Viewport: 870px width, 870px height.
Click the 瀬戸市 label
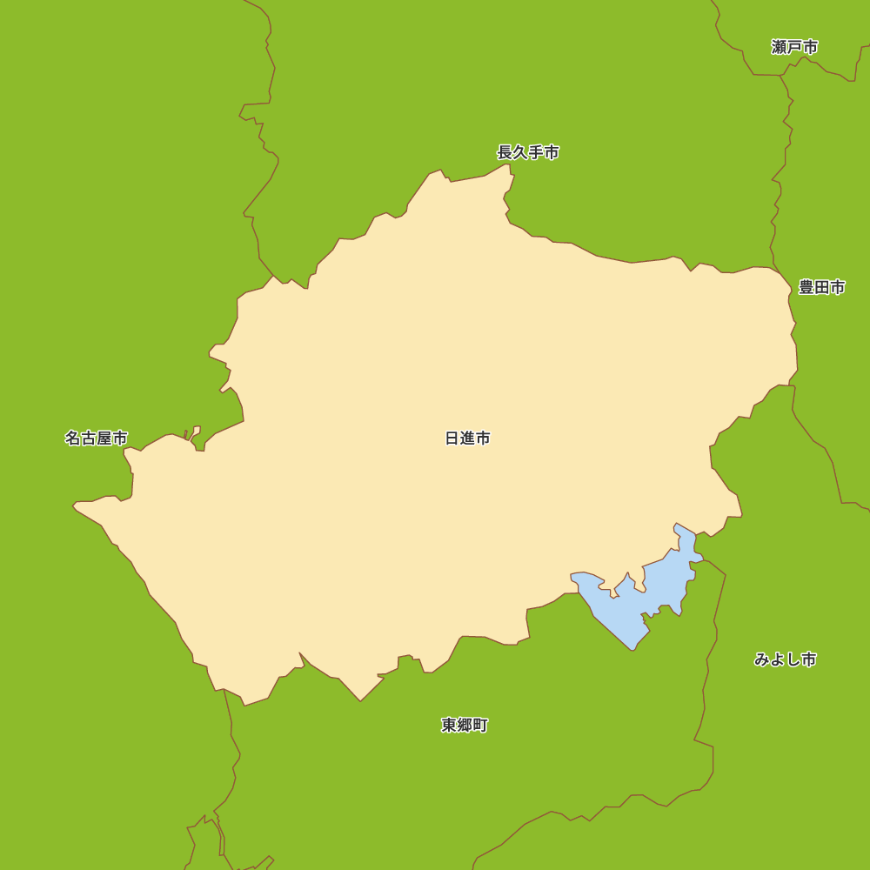coord(794,47)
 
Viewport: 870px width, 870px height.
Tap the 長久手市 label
coord(528,152)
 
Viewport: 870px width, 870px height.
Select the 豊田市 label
coord(821,287)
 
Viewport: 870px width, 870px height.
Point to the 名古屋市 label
coord(96,438)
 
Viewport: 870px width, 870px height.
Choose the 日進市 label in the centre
coord(467,438)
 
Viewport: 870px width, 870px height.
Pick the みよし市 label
coord(785,659)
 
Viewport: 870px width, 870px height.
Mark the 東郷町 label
coord(465,725)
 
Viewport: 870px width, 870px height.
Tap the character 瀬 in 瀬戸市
coord(779,47)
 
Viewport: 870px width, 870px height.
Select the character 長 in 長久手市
coord(505,152)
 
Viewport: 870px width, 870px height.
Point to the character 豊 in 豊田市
coord(806,287)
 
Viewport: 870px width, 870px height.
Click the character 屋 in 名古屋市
coord(104,438)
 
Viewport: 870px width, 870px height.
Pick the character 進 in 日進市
coord(467,438)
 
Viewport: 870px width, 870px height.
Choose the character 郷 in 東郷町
coord(465,725)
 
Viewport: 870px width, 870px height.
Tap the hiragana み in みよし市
coord(762,659)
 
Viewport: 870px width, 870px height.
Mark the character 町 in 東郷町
coord(480,725)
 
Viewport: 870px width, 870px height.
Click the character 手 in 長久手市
coord(536,152)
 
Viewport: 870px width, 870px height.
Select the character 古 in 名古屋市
coord(88,438)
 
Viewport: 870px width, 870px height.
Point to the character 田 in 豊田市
coord(821,287)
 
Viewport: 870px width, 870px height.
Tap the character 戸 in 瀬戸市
coord(794,47)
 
